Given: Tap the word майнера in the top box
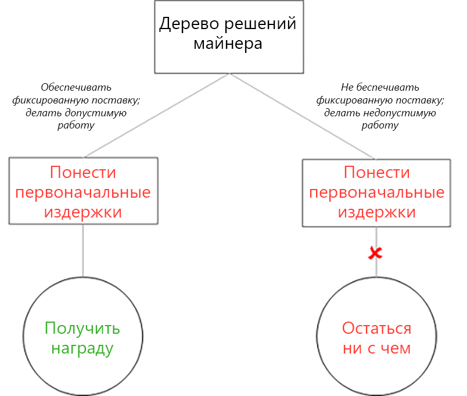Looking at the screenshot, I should tap(228, 44).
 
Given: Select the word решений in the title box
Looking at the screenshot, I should tap(261, 24).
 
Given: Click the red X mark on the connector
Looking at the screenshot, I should tap(376, 253).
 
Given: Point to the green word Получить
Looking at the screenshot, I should tap(82, 329).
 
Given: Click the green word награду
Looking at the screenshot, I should tap(82, 348).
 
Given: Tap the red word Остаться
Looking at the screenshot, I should tap(376, 329).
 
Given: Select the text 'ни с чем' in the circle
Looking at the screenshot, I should tap(376, 348).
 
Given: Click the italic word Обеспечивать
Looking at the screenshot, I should tap(76, 87).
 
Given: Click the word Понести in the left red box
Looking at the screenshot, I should tap(83, 173).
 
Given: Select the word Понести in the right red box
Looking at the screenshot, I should tap(377, 173).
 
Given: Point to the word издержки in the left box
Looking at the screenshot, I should tap(83, 212).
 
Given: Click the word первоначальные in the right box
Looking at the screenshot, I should tap(377, 192).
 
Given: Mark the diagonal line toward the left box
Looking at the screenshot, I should tap(157, 116).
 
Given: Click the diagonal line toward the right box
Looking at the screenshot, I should tap(302, 116).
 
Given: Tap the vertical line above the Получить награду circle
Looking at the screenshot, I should tap(82, 250).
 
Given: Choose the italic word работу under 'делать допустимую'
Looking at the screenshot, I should tap(76, 124).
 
